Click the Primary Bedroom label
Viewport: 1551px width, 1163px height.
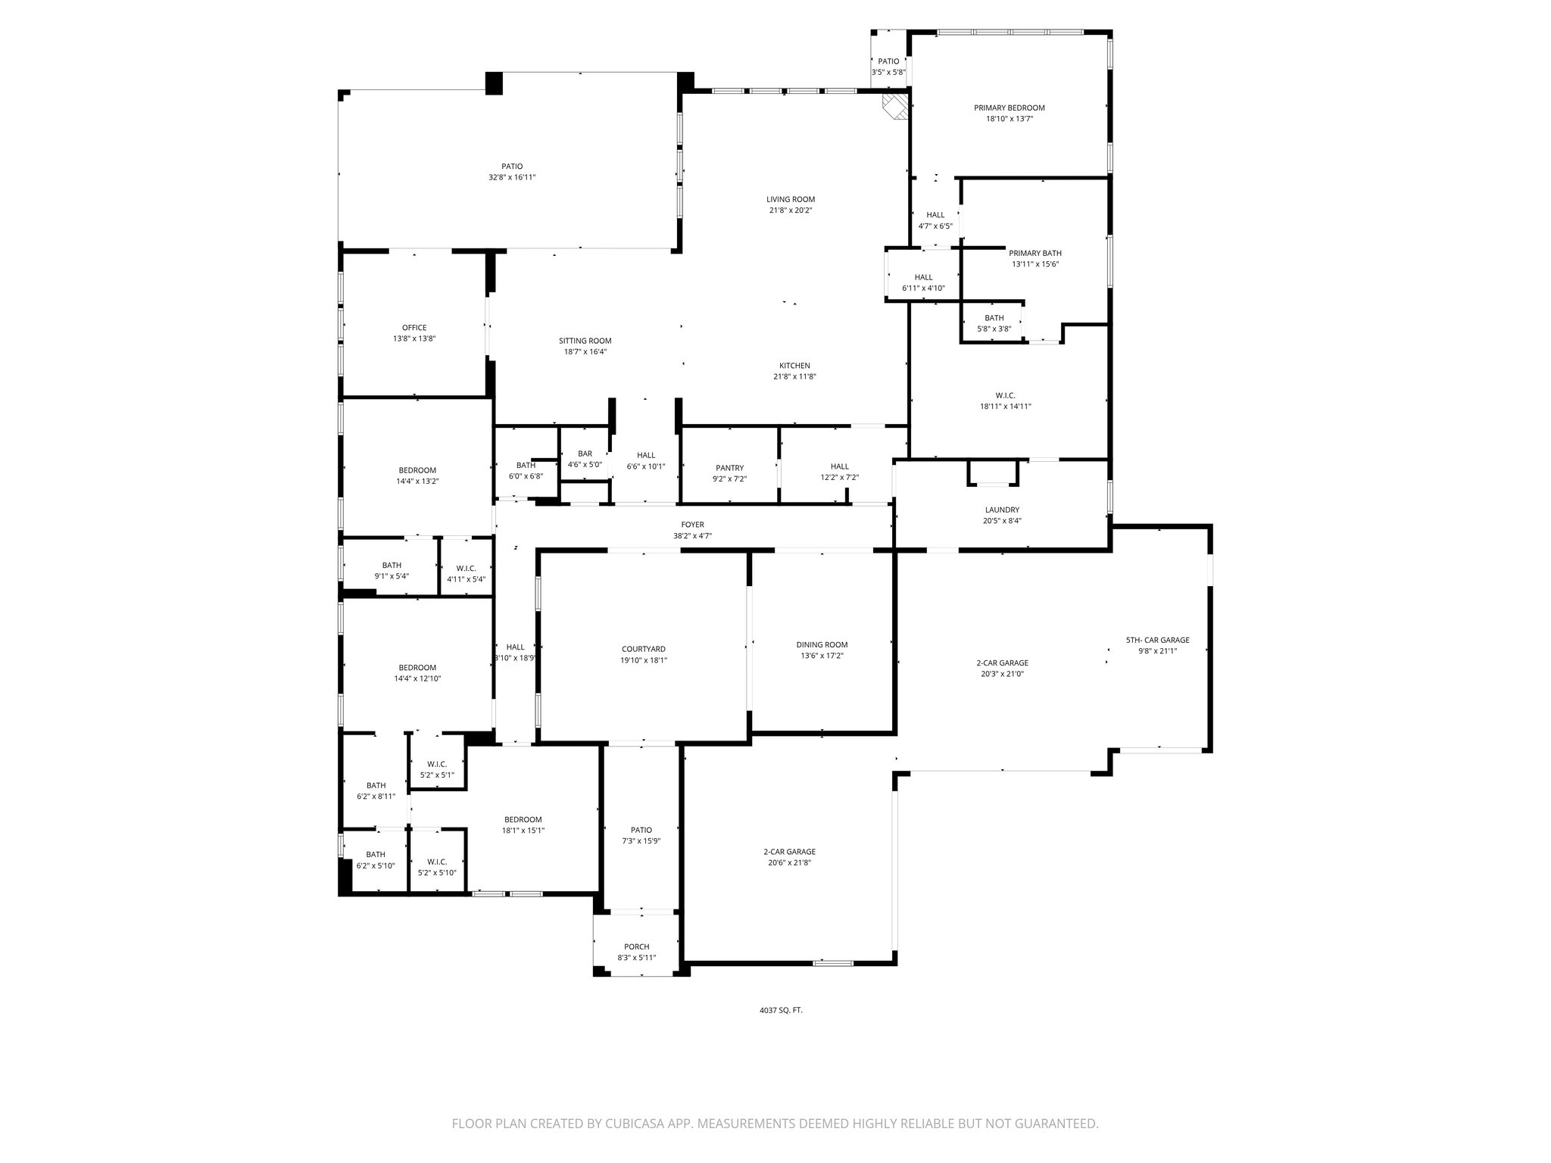point(1009,108)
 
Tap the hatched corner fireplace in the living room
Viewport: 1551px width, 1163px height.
point(897,105)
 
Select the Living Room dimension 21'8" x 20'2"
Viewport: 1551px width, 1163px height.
point(790,210)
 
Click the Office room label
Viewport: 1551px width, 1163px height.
point(414,328)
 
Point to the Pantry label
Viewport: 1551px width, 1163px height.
point(729,468)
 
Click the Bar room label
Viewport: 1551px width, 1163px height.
point(585,454)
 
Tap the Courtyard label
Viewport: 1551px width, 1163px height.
point(643,649)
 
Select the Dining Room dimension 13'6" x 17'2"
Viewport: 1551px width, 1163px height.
point(821,656)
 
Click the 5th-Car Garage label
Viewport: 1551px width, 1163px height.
point(1157,640)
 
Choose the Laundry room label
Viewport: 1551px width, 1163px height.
point(1002,510)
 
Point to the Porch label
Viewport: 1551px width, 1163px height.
point(636,946)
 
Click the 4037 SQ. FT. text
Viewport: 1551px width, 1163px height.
point(781,1010)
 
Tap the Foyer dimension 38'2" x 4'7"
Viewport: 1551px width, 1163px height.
point(692,536)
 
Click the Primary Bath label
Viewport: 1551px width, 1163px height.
point(1035,253)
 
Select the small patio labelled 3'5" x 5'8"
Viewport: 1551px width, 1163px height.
point(888,67)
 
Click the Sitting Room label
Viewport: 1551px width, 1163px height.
point(585,341)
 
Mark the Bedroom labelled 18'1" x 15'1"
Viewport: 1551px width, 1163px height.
point(523,825)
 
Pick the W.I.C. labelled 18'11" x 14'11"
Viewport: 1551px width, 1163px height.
point(1005,401)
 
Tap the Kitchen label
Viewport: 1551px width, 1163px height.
point(794,366)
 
